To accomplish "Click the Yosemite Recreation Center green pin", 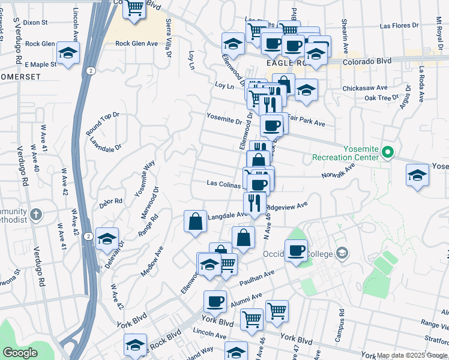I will pyautogui.click(x=387, y=153).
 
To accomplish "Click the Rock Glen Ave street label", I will pyautogui.click(x=136, y=43).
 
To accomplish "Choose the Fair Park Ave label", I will pyautogui.click(x=306, y=123).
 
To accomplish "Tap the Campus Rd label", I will pyautogui.click(x=340, y=320).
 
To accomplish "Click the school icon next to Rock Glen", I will pyautogui.click(x=68, y=53).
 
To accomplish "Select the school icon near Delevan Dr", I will pyautogui.click(x=107, y=239).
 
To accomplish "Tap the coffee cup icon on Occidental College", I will pyautogui.click(x=296, y=250).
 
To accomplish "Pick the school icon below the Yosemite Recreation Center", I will pyautogui.click(x=417, y=175).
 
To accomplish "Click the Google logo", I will pyautogui.click(x=20, y=353).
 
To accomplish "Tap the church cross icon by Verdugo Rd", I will pyautogui.click(x=35, y=214).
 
